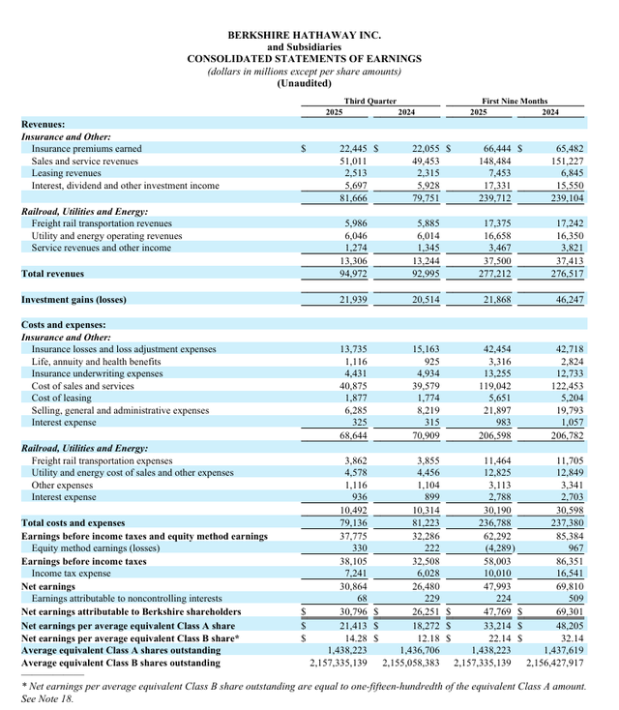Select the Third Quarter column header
pyautogui.click(x=369, y=101)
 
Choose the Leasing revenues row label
pyautogui.click(x=67, y=172)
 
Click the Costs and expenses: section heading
pyautogui.click(x=64, y=325)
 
